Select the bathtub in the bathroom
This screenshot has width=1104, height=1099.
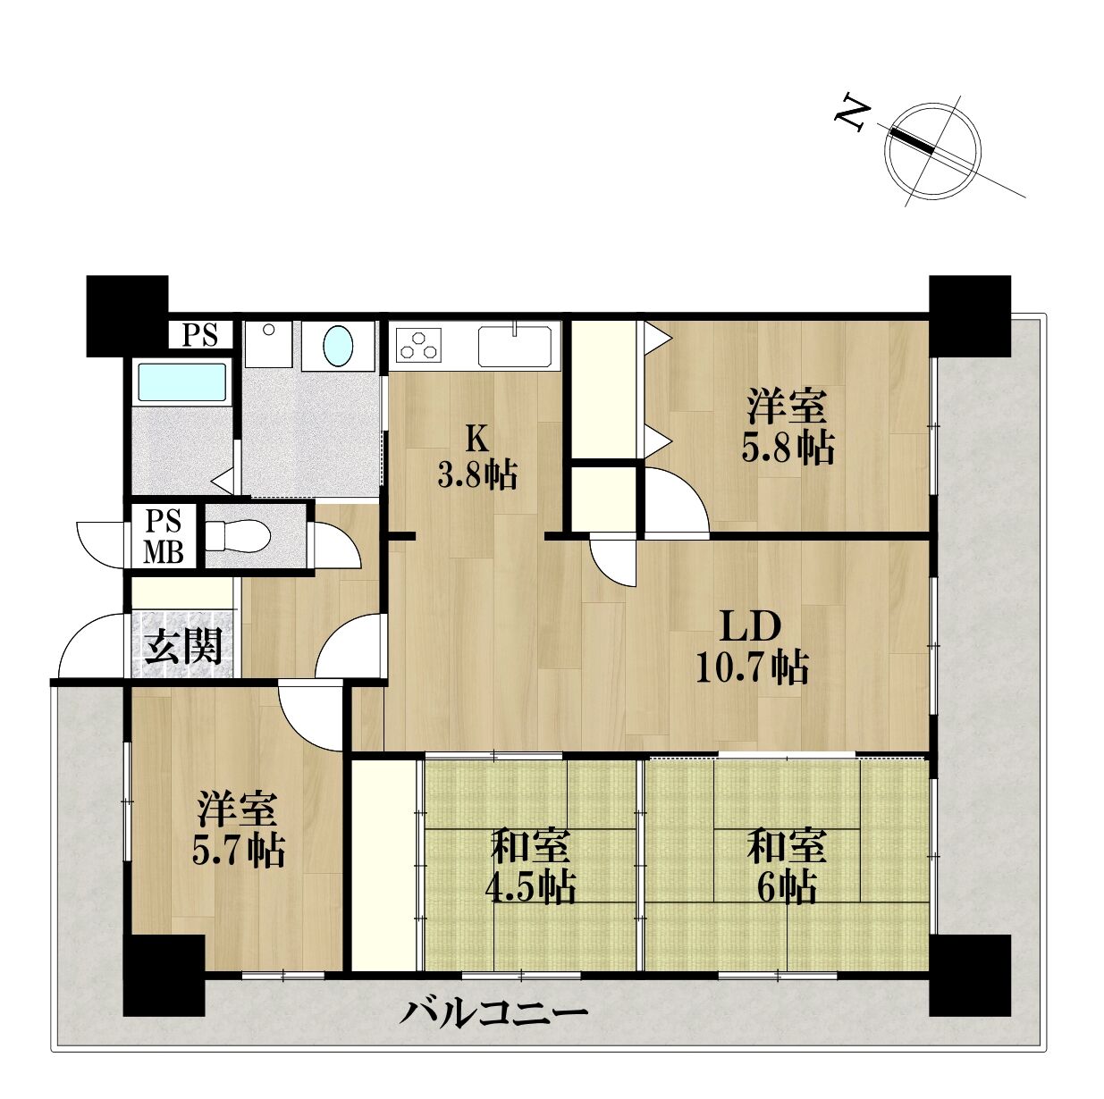click(x=181, y=382)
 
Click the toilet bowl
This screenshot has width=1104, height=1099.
click(x=239, y=536)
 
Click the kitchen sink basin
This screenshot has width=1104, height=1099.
click(x=515, y=345)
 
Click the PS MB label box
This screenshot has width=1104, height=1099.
click(x=164, y=536)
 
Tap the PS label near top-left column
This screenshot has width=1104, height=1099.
click(x=200, y=335)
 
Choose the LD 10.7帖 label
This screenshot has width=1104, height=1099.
click(x=752, y=647)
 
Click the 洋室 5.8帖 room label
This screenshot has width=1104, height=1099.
click(x=788, y=427)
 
